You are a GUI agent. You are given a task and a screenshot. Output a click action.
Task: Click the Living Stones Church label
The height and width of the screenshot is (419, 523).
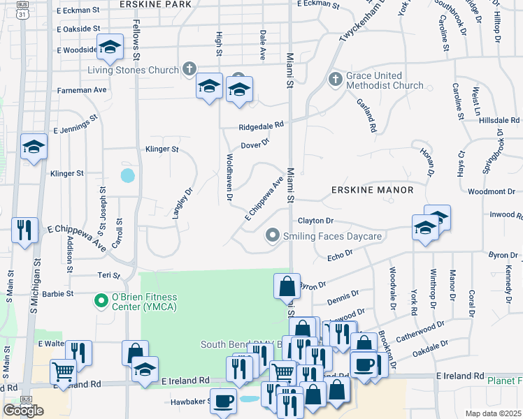pyautogui.click(x=133, y=70)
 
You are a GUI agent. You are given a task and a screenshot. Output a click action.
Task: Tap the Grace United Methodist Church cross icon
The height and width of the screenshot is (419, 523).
pyautogui.click(x=335, y=78)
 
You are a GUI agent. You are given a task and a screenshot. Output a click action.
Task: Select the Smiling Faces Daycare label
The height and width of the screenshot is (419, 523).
pyautogui.click(x=332, y=237)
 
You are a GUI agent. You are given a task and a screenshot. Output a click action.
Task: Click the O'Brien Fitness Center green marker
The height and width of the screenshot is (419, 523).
pyautogui.click(x=101, y=301)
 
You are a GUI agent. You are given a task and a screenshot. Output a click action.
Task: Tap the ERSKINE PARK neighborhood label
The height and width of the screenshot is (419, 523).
pyautogui.click(x=155, y=4)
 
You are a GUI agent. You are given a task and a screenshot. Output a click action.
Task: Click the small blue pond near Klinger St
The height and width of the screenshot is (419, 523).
pyautogui.click(x=127, y=175)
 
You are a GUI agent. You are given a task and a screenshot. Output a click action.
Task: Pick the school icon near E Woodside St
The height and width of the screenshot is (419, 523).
pyautogui.click(x=109, y=47)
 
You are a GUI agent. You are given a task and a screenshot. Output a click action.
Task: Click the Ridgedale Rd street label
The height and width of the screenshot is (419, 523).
pyautogui.click(x=261, y=126)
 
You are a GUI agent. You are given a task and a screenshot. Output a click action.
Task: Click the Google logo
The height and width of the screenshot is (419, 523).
pyautogui.click(x=23, y=410)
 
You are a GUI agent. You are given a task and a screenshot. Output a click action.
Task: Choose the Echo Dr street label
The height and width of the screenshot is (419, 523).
pyautogui.click(x=340, y=258)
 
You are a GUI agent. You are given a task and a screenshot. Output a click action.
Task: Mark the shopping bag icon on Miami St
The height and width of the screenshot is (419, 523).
pyautogui.click(x=287, y=286)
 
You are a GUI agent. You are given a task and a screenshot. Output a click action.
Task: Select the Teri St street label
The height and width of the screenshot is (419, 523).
pyautogui.click(x=110, y=275)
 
